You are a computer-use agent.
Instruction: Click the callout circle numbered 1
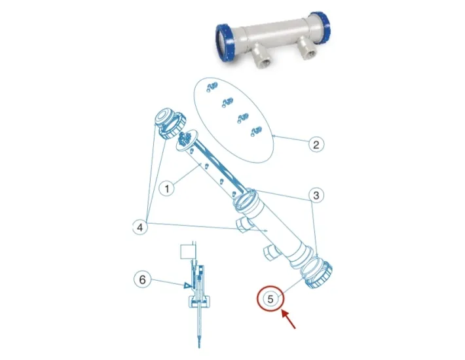[x=166, y=189]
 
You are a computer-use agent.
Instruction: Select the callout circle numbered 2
[x=316, y=145]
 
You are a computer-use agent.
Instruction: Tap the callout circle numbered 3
[x=316, y=195]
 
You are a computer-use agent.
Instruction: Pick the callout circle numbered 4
[x=139, y=227]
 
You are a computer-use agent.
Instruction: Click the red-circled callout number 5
[x=270, y=298]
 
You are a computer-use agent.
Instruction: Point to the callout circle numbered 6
[x=143, y=279]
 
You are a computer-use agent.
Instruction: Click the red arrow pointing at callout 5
[x=289, y=319]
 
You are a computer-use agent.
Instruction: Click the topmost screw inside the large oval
[x=212, y=86]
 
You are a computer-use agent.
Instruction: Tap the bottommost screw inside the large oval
[x=256, y=132]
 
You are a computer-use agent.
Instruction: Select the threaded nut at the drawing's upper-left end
[x=170, y=124]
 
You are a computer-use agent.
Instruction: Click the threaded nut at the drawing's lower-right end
[x=318, y=274]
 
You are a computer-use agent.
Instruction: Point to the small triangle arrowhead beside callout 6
[x=187, y=285]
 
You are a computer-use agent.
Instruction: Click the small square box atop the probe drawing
[x=187, y=252]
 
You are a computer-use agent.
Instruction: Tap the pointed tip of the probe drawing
[x=199, y=347]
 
